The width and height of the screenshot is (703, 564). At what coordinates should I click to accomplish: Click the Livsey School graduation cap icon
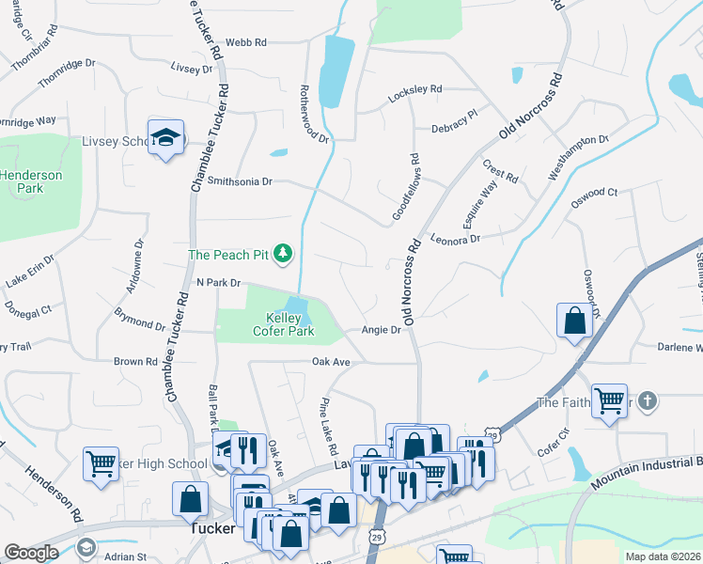point(166,138)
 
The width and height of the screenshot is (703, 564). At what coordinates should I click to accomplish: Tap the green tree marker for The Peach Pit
point(281,253)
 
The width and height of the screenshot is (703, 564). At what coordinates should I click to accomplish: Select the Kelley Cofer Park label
point(283,325)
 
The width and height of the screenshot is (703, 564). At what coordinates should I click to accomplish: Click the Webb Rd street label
point(247,42)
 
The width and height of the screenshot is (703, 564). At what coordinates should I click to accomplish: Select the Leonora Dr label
point(455,239)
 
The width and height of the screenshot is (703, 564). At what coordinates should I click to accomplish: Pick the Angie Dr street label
point(382,330)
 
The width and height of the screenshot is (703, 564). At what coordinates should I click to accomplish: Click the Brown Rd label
point(135,361)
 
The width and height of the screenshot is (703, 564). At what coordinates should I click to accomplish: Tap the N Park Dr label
point(219,282)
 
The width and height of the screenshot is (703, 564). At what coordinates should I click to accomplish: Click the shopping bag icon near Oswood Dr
point(573,321)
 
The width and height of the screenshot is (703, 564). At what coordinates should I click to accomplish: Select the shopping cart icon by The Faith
point(609,400)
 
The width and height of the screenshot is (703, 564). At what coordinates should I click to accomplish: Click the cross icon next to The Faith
point(646,401)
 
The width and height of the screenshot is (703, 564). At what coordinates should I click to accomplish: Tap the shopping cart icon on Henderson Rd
point(101,462)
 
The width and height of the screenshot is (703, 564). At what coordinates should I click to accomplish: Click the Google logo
point(31,553)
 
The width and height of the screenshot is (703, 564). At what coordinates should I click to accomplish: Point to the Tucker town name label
point(211,528)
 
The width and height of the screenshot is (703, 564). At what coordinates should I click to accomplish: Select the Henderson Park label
point(30,181)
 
